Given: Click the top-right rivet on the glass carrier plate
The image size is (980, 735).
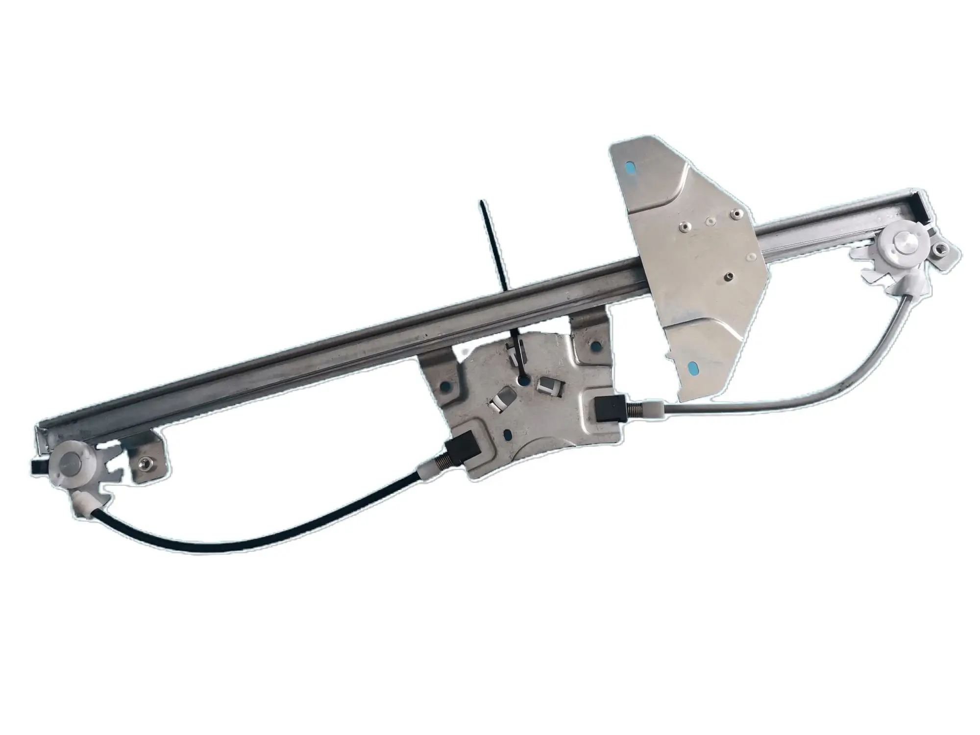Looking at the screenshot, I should coord(734,213).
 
